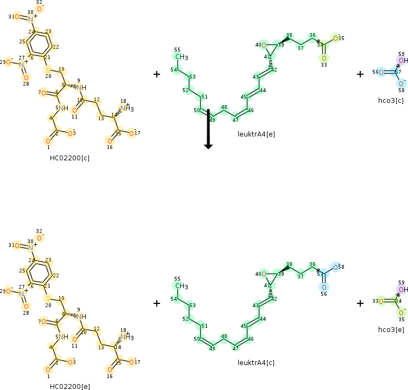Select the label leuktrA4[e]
[x=256, y=133]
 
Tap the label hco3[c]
[x=391, y=100]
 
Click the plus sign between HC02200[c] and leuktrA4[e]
[x=157, y=74]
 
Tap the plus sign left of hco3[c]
[x=360, y=74]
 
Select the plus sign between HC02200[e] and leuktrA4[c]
[x=157, y=303]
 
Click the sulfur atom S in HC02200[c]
[x=48, y=70]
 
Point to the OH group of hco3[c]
[x=403, y=61]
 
